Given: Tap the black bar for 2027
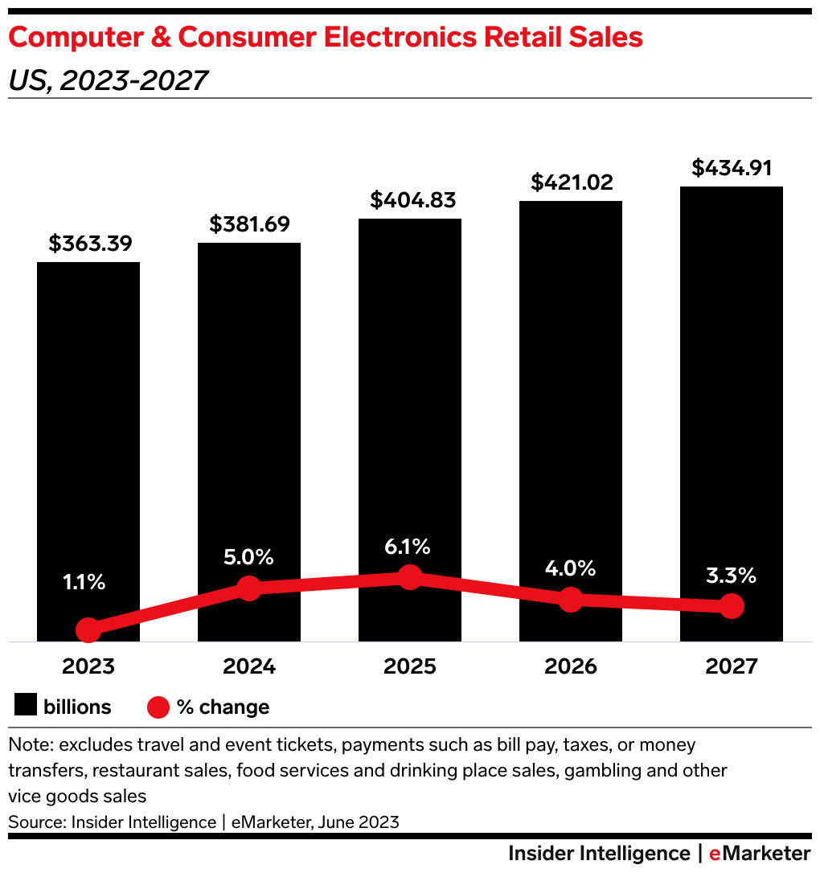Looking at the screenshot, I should (732, 386).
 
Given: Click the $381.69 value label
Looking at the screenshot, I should (249, 224).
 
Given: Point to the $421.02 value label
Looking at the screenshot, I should (571, 182).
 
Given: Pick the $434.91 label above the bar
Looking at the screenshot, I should (732, 168).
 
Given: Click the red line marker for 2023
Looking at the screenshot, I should (88, 630).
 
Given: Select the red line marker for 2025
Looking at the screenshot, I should (410, 576).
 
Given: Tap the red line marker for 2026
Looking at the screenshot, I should (571, 599).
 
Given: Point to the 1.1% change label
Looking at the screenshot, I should (85, 582).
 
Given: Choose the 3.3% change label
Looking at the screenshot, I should (732, 576).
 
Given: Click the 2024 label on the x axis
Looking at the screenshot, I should (249, 666).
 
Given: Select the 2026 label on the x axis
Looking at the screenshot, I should (571, 666).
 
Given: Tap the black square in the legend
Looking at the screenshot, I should (26, 707).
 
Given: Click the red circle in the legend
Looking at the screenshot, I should (158, 707).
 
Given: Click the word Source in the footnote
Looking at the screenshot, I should (35, 822).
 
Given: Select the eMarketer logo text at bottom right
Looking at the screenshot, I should (760, 853).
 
